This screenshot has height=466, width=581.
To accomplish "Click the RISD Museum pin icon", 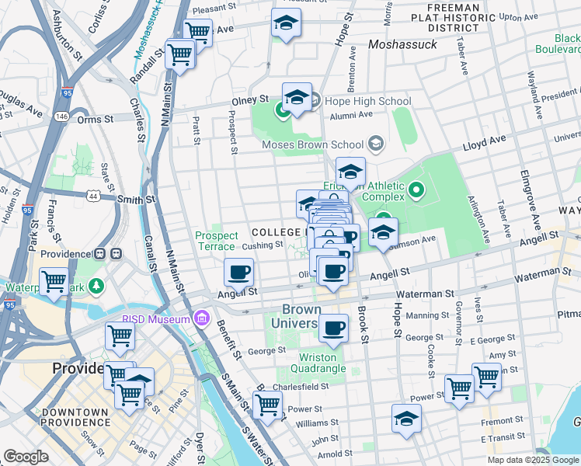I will click(203, 318).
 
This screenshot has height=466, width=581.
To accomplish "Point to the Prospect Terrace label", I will click(214, 241).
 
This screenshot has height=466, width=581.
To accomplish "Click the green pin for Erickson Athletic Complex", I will click(416, 190).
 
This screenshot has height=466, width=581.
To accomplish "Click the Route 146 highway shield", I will click(61, 116).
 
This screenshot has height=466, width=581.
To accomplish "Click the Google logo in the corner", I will click(26, 456).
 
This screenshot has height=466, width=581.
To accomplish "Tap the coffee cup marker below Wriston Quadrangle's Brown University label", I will click(333, 328).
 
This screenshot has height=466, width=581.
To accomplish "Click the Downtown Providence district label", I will click(75, 416).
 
